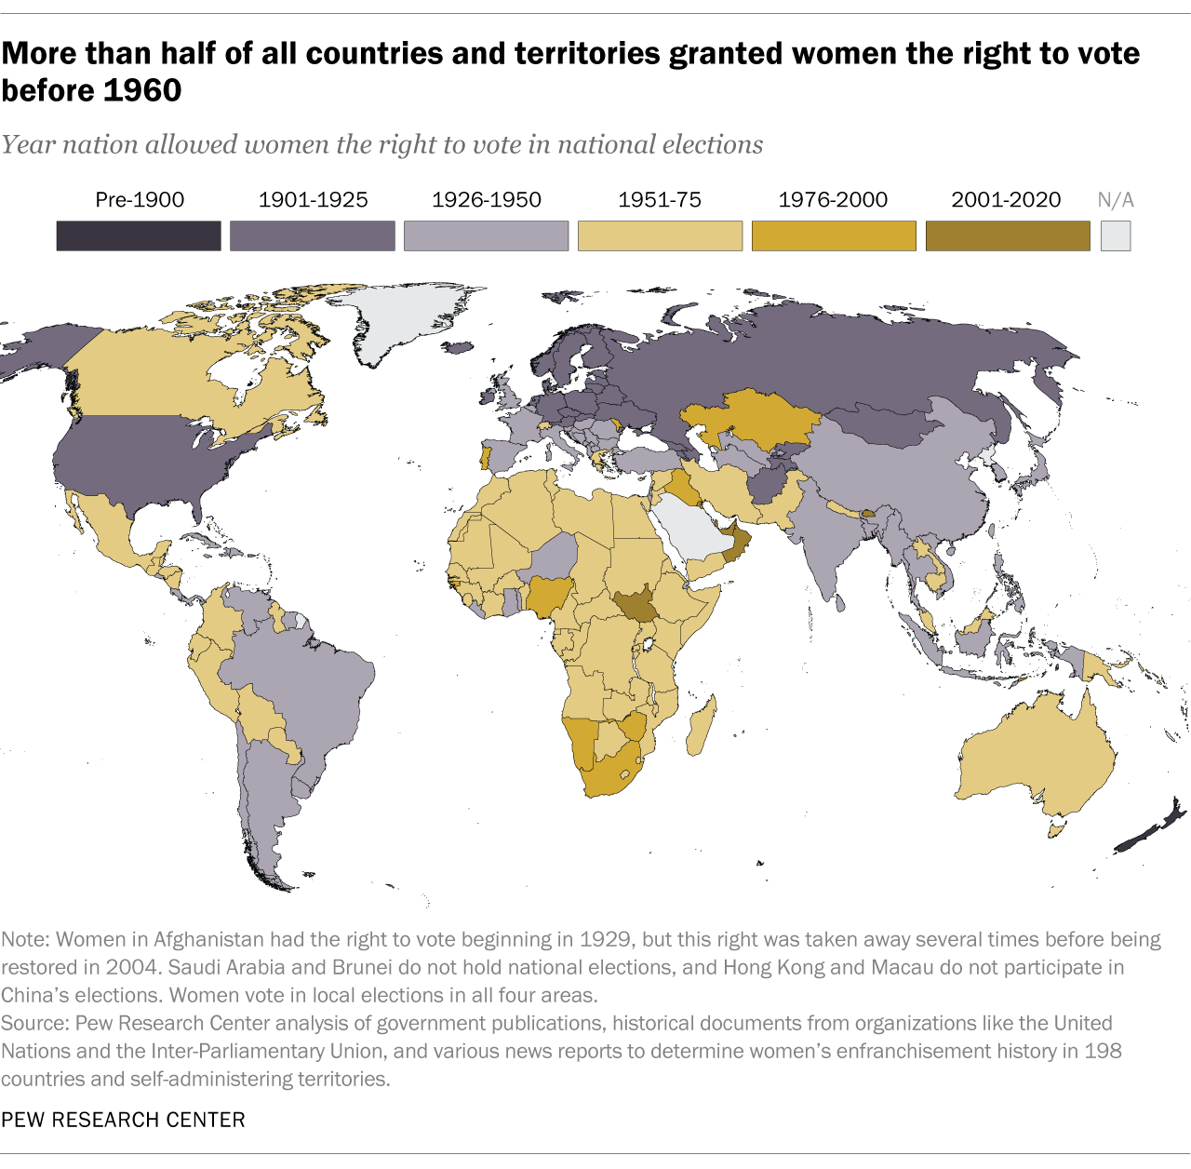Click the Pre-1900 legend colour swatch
point(139,235)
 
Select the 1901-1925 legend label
point(313,200)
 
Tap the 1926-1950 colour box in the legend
point(486,235)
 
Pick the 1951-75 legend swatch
point(660,235)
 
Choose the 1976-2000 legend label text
point(833,200)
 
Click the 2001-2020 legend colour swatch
point(1007,235)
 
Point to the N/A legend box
point(1116,235)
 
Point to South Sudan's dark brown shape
point(636,606)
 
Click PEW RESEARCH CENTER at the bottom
point(123,1119)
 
